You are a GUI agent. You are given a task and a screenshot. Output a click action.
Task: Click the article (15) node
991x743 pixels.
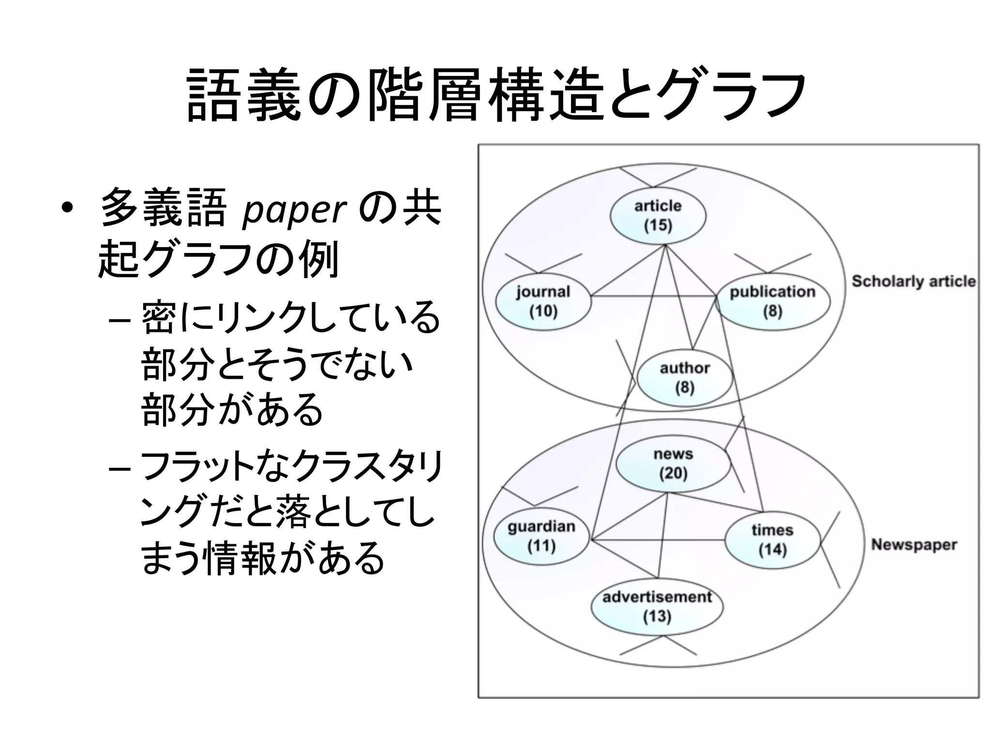[658, 216]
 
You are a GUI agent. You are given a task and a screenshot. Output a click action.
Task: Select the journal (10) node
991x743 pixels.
[543, 301]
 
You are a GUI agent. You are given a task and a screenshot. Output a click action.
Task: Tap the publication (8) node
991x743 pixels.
[773, 301]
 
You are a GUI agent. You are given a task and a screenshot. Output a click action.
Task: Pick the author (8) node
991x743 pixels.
[684, 378]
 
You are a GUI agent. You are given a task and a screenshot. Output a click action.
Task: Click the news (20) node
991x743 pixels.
[673, 463]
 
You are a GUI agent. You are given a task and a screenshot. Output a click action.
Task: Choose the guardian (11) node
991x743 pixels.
[541, 536]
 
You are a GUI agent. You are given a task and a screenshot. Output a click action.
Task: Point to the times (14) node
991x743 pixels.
[772, 540]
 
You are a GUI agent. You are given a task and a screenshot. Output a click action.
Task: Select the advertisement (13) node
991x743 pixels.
[657, 607]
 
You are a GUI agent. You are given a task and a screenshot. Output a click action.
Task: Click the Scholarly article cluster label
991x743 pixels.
[914, 281]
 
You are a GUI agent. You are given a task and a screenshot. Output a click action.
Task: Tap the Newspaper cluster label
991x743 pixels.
[914, 545]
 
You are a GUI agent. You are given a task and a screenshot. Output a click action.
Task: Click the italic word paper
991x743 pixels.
[294, 210]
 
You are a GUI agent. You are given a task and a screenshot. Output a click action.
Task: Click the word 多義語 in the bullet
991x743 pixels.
[163, 208]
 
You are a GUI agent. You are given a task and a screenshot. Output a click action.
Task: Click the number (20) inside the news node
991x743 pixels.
[673, 473]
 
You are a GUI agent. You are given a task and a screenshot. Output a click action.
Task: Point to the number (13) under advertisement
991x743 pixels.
[657, 616]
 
